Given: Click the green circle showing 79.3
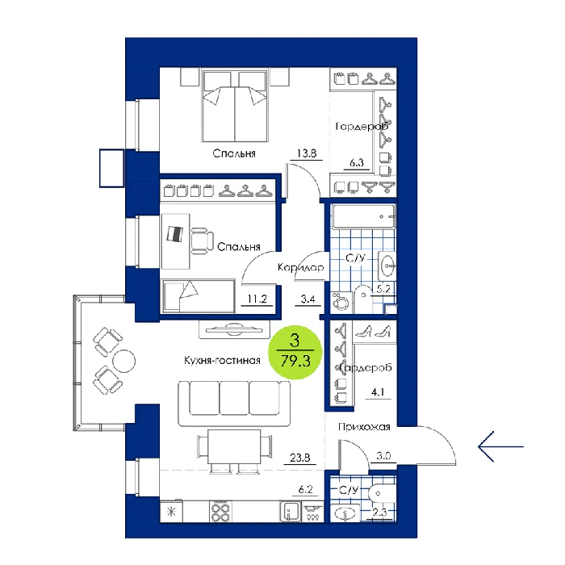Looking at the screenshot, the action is point(295,352).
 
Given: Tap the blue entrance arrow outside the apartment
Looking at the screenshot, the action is point(500,447).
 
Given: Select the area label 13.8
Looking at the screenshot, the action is point(307,153).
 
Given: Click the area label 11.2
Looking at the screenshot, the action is point(257,299).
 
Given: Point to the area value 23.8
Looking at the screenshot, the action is point(299,458).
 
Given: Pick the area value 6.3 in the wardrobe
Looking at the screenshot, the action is point(357,162).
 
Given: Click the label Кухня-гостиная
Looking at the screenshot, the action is point(222,360).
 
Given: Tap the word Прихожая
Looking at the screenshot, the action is point(364,427).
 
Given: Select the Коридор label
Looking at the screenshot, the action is point(301,267).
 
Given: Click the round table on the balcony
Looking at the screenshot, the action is point(124,361).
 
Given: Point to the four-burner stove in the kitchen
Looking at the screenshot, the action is point(220,512).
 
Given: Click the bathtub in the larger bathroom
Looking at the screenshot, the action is point(364,216).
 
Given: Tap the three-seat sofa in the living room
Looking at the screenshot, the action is point(234,403).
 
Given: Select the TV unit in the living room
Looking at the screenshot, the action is point(234,329).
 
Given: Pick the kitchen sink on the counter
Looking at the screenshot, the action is point(290,512).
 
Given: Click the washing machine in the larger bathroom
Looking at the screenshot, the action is point(341,303).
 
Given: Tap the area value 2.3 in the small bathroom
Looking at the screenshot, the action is point(380,512).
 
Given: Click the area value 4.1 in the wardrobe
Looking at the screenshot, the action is point(378,392).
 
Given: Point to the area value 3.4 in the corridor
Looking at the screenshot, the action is point(308,299).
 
